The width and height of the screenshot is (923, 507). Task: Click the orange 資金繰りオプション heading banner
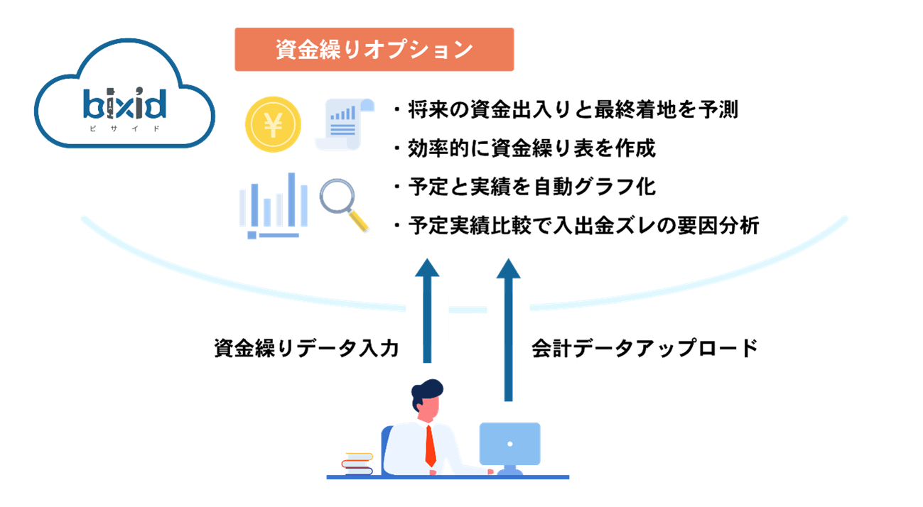[x=374, y=50]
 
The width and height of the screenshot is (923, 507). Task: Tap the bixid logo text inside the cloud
[x=125, y=104]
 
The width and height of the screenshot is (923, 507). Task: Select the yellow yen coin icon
[x=273, y=125]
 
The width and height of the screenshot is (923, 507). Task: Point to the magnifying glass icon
[x=342, y=203]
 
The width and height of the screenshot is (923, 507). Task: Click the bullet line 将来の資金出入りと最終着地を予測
[x=566, y=110]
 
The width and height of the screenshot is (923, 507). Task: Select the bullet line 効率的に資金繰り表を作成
[x=524, y=148]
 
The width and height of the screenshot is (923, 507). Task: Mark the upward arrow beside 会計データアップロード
[x=508, y=327]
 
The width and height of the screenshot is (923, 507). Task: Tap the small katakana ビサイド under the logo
[x=125, y=129]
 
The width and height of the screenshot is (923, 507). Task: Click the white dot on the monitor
[x=509, y=444]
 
